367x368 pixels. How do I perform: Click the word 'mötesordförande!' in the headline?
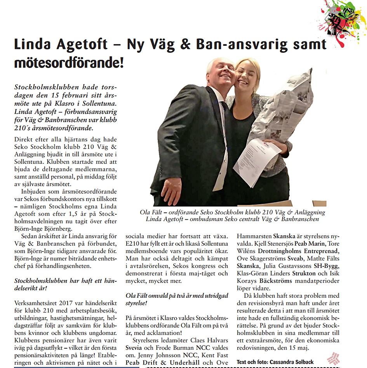[x=69, y=62]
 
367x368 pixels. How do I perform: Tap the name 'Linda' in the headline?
[x=31, y=44]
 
